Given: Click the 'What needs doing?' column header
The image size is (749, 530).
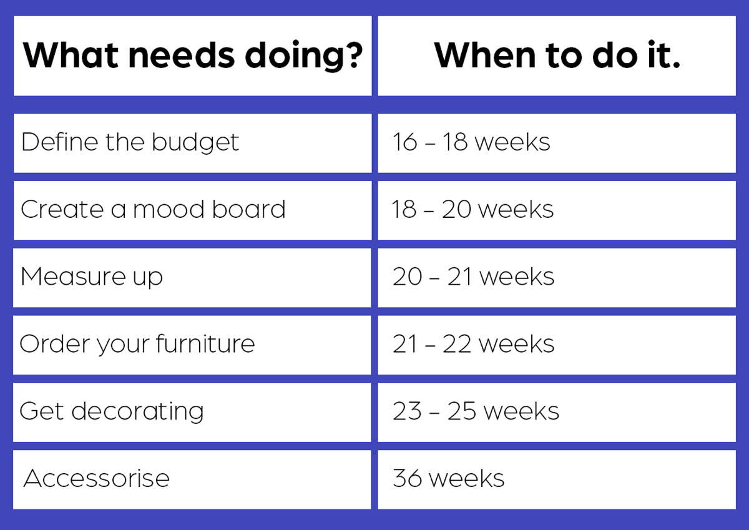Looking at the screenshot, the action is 193,56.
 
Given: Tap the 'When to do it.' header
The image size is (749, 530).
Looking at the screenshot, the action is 557,56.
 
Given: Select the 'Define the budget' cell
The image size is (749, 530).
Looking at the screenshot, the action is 193,144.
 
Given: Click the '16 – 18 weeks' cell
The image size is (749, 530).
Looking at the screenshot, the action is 557,144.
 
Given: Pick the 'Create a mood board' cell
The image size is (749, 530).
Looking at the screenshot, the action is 193,210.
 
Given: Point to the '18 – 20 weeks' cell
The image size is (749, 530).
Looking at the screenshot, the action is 557,210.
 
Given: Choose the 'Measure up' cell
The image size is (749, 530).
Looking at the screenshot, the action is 192,278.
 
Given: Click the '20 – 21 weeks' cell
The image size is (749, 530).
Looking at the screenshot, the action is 557,278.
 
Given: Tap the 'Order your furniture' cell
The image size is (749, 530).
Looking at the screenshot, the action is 192,345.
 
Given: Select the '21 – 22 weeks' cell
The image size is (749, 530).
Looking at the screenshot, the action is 557,345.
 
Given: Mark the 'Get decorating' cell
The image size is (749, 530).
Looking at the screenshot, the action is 192,412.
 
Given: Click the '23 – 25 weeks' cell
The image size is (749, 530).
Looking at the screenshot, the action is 557,412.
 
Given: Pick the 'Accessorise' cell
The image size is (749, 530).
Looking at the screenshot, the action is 192,480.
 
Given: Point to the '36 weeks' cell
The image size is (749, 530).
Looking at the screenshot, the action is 557,480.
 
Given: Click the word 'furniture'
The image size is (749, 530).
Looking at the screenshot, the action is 205,343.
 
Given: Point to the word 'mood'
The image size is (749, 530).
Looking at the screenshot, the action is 169,209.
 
